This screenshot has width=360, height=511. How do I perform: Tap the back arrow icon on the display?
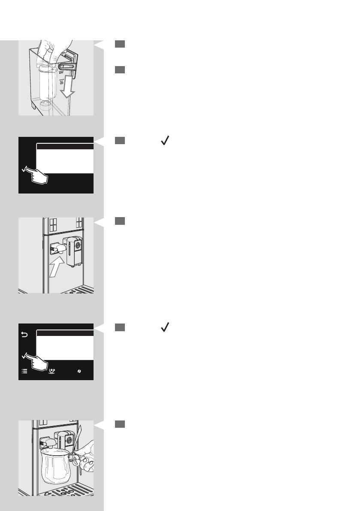(x=24, y=335)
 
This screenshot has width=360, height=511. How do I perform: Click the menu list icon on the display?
(x=25, y=372)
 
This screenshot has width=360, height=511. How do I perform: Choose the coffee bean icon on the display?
(x=79, y=372)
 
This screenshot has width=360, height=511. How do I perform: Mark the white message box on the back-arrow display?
(x=65, y=348)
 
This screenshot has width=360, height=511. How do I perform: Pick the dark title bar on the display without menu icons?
(x=65, y=146)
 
